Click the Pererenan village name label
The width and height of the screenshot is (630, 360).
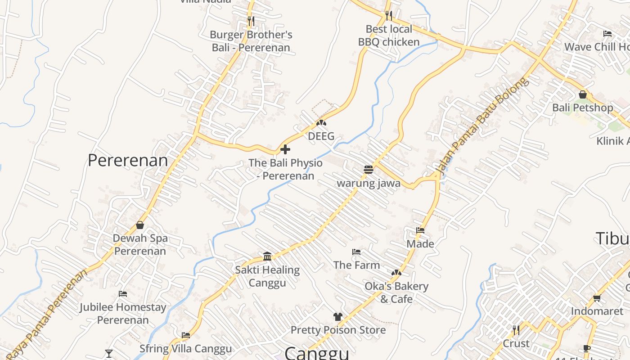128,160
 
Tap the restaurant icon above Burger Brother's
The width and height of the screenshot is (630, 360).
251,21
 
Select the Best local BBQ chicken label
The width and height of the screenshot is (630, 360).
389,36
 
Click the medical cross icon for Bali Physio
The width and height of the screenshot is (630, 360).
285,149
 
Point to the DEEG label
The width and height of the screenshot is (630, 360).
321,136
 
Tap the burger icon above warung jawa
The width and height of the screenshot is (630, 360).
369,170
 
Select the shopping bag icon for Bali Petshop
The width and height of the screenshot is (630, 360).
583,94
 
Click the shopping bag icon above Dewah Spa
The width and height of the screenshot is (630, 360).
140,225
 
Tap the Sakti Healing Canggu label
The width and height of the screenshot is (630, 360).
267,276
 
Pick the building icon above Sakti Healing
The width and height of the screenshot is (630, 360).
267,256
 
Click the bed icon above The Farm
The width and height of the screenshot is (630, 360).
356,252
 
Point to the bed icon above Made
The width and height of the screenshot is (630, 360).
420,230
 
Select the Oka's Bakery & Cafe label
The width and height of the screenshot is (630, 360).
396,292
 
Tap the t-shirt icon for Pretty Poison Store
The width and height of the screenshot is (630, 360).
338,317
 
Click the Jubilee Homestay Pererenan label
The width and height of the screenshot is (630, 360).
123,314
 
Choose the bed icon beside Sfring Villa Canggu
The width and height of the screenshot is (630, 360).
186,335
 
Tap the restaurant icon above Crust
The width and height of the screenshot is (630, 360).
516,330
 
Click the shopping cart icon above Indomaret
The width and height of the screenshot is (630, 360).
597,298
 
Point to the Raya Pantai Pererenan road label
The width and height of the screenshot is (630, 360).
47,313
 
